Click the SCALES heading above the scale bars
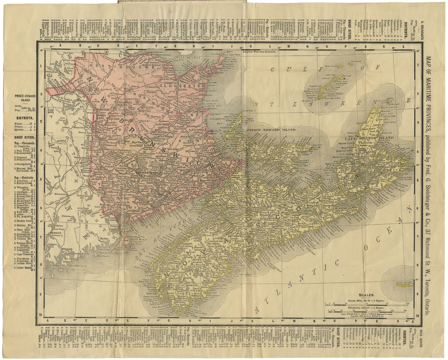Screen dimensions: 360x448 366,295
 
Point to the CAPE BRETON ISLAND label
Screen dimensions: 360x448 370,138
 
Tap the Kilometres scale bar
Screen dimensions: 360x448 366,310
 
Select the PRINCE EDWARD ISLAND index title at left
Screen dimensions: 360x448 24,98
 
